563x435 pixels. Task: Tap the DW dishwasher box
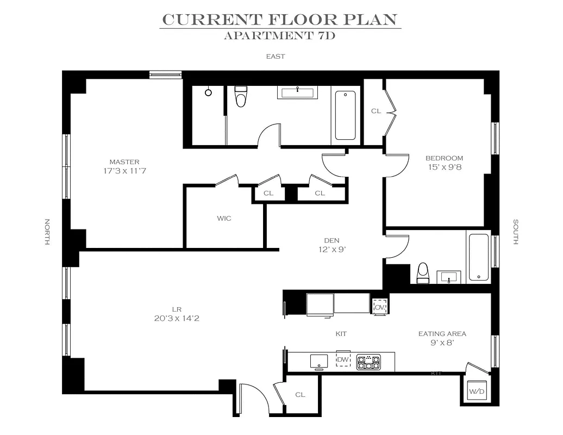(x=343, y=359)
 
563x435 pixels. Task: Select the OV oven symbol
(x=380, y=307)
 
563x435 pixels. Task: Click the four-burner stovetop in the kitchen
(x=368, y=362)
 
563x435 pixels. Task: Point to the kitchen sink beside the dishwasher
(x=319, y=362)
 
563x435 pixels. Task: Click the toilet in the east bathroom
(x=241, y=96)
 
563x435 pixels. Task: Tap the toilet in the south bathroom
(x=423, y=273)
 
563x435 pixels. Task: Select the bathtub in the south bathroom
(x=479, y=257)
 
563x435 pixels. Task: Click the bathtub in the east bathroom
(x=346, y=115)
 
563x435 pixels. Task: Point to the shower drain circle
(x=208, y=92)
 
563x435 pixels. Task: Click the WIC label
(x=224, y=219)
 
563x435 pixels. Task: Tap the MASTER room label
(x=124, y=162)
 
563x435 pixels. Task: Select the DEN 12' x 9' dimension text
(x=331, y=249)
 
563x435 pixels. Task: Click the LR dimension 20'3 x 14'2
(x=177, y=318)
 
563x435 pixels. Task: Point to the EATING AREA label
(x=442, y=334)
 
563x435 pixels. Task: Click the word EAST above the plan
(x=276, y=57)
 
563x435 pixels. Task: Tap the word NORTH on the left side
(x=47, y=232)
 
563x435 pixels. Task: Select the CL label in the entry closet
(x=300, y=395)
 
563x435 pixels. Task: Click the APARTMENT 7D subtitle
(x=280, y=35)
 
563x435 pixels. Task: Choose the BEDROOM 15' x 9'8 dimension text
(x=445, y=167)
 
